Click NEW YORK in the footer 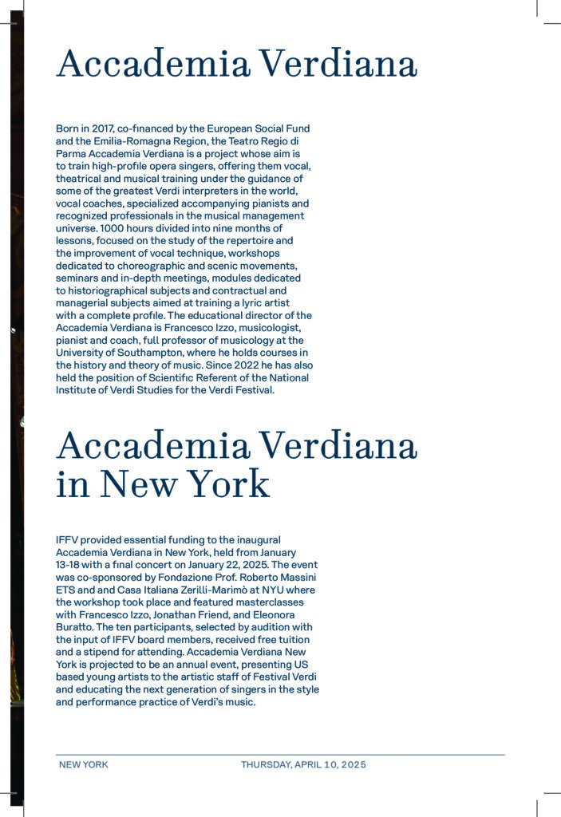tap(84, 764)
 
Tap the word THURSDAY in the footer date tap(266, 764)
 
